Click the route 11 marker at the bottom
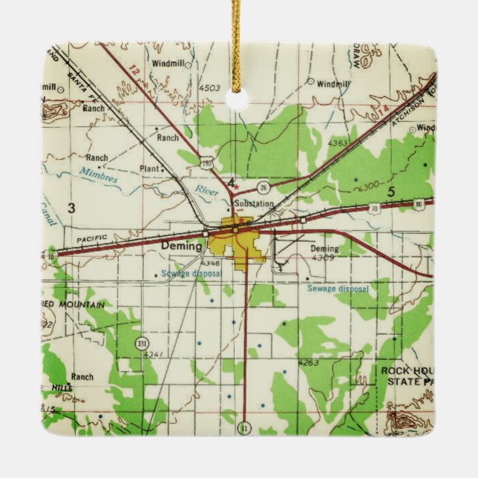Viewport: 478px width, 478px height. pos(244,428)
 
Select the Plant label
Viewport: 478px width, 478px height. pos(149,168)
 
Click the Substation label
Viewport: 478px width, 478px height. pos(254,203)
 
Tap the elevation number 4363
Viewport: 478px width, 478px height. pos(338,143)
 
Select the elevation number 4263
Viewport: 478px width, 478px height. pos(307,363)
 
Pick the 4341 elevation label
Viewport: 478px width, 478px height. pos(154,354)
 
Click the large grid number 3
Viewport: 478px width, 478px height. pos(72,208)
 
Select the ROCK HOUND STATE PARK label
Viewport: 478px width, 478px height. pos(407,375)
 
